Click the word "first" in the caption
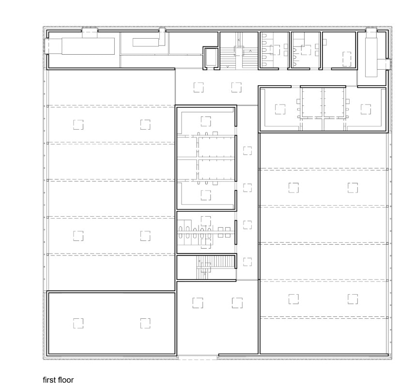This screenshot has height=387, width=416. pos(49,380)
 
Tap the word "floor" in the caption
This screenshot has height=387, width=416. pos(66,380)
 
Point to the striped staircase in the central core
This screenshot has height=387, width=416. pos(216,267)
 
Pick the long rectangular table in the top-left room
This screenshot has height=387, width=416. pos(88,46)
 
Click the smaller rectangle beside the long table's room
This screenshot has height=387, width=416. pos(146,42)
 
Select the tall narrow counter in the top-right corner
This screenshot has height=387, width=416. pos(371,57)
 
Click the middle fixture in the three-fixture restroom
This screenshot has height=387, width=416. pos(295,57)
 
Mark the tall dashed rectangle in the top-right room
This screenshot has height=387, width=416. pos(346,59)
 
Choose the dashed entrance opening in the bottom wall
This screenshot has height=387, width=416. pos(198,357)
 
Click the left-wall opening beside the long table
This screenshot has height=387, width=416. pos(47,46)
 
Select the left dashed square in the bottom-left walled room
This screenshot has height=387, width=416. pos(78,323)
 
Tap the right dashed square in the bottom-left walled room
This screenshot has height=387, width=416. pos(145,323)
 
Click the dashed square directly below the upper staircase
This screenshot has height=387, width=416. pos(236,87)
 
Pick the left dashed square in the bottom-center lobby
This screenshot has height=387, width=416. pos(198,303)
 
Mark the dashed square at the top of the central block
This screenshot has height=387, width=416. pos(206,121)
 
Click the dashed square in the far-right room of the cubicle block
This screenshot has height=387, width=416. pos(366,109)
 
